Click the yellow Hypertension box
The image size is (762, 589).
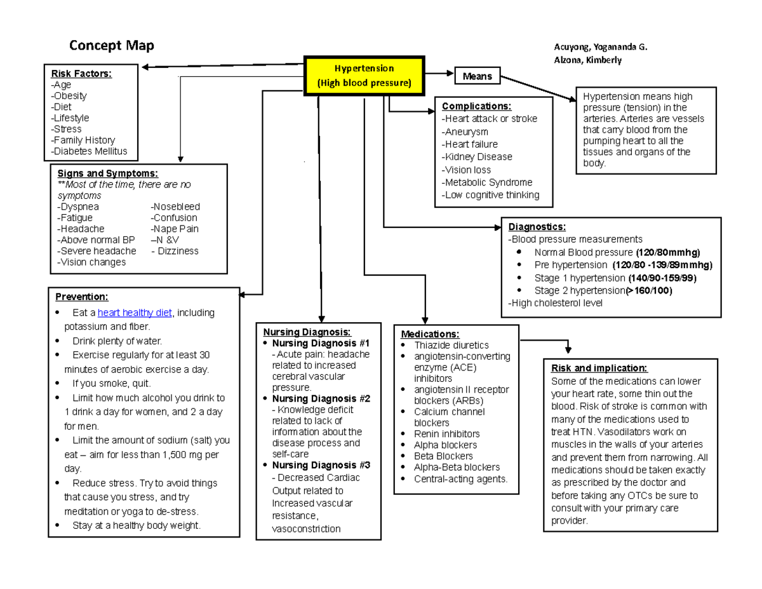click(364, 76)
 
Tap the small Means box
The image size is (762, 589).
click(477, 76)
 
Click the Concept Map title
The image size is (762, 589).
click(111, 46)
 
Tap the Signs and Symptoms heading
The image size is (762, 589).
click(107, 173)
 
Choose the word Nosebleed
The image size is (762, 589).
click(175, 206)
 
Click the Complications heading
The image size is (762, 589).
click(476, 106)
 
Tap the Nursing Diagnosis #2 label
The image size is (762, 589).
click(321, 399)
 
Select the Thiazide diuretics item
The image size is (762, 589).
click(451, 345)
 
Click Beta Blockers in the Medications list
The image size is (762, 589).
click(443, 456)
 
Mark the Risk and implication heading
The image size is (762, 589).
click(599, 368)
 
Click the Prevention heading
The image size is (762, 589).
click(82, 297)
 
